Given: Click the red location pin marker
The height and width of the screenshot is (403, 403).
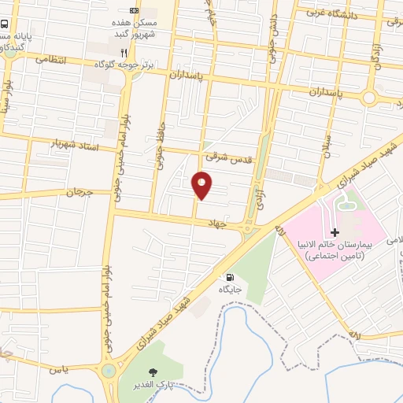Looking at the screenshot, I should (202, 186).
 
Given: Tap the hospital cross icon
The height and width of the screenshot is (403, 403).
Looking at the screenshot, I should (335, 232).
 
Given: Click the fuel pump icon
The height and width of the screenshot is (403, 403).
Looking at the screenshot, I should (230, 277).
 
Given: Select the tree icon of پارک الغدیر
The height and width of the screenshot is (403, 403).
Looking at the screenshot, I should (153, 372).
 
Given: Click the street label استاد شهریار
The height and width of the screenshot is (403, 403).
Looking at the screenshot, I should (76, 146).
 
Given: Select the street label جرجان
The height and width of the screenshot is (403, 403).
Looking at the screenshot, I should (79, 192).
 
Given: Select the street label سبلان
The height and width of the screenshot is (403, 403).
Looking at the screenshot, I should (326, 145).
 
